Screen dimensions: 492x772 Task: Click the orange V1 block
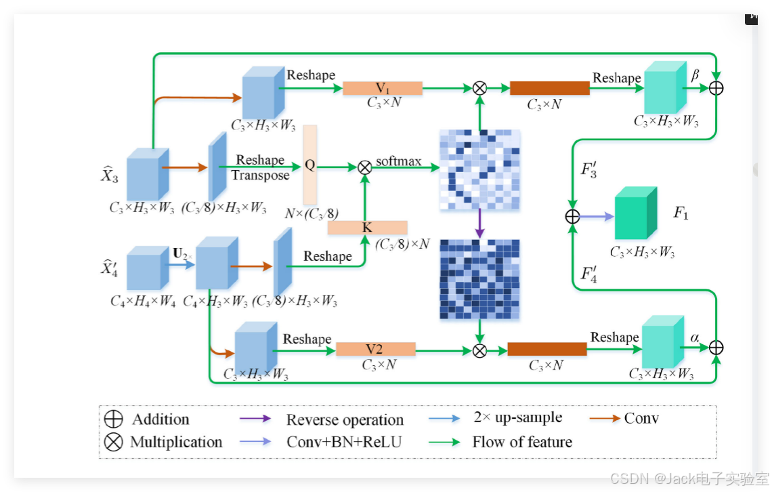pos(383,88)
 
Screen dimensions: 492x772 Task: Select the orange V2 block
pos(375,349)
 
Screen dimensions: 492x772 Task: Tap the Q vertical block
pos(310,165)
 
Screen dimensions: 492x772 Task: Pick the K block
pos(367,228)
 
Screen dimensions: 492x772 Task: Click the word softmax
pos(399,161)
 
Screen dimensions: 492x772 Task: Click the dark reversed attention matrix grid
pos(479,279)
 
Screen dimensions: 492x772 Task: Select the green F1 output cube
pos(635,213)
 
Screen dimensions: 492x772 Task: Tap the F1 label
pos(681,213)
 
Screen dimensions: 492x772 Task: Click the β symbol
pos(695,75)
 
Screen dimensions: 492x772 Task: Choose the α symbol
pos(695,337)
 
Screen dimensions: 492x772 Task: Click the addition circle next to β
pos(716,88)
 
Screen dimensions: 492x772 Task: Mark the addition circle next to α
pos(716,348)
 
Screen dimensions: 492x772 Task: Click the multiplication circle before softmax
pos(364,167)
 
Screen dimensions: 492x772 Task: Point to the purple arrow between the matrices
pos(479,222)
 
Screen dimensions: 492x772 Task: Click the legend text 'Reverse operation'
pos(345,420)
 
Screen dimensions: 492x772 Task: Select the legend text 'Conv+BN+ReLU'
pos(344,442)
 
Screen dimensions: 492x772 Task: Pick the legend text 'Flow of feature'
pos(522,442)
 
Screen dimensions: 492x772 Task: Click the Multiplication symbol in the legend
pos(114,442)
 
